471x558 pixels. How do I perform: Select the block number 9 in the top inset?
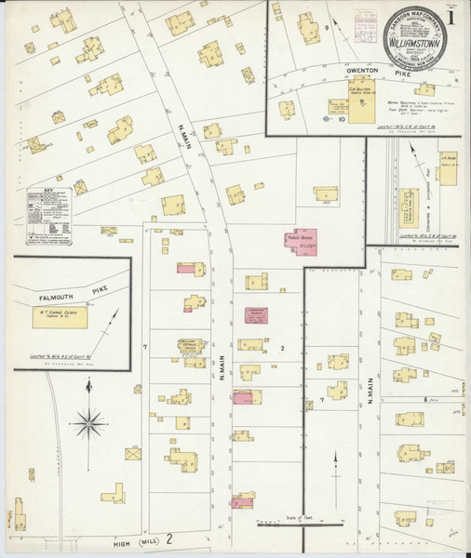[x=327, y=31]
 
